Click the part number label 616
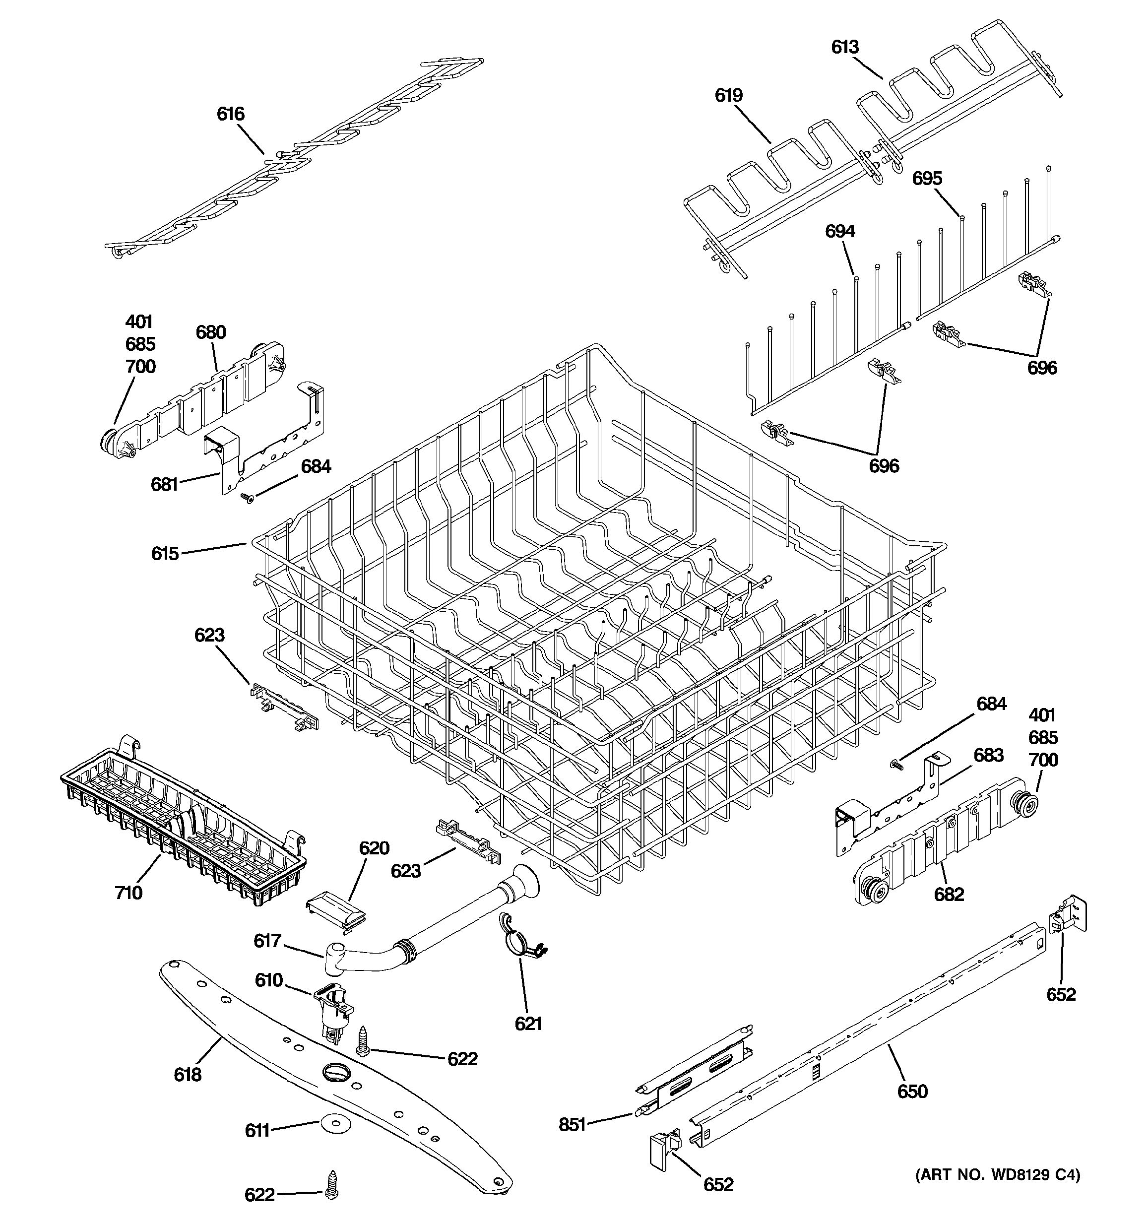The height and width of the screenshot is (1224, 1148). click(230, 114)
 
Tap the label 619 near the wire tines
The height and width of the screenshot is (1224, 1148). click(728, 95)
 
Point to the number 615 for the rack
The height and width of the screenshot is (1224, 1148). click(165, 554)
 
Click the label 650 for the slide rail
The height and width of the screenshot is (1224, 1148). click(912, 1092)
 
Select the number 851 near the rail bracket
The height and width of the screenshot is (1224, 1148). click(572, 1125)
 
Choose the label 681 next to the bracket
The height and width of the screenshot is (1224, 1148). click(164, 485)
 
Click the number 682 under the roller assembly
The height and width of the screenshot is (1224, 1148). click(949, 894)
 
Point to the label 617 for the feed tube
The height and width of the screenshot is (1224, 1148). click(267, 941)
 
